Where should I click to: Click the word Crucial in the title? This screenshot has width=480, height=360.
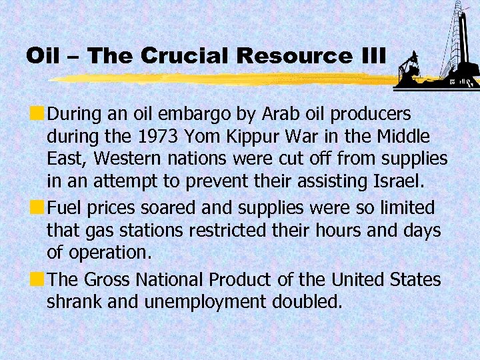click(x=193, y=55)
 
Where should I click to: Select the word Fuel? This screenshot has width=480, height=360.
click(x=66, y=209)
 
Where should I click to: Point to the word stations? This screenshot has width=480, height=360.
click(x=151, y=231)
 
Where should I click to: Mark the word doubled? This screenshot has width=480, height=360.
click(x=307, y=301)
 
